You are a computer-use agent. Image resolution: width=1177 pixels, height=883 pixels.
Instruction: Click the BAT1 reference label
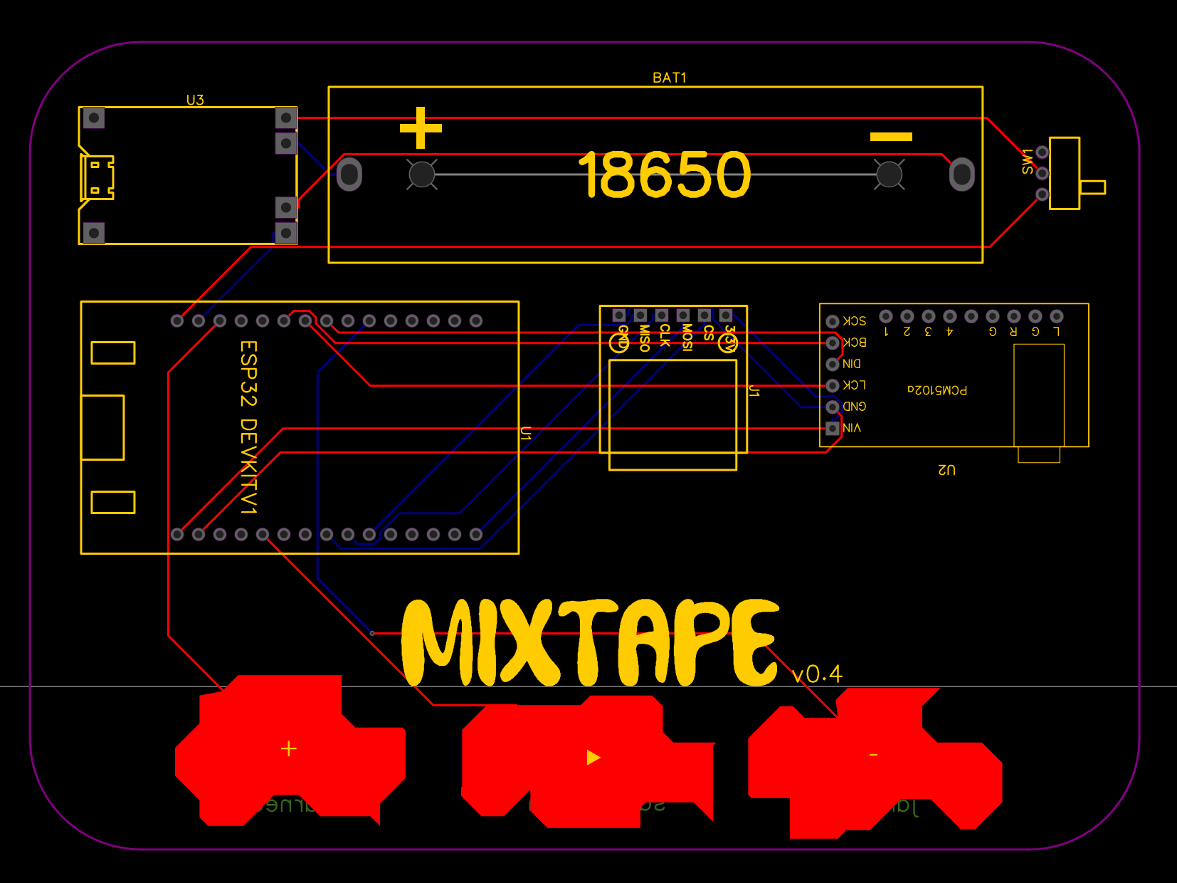(x=669, y=78)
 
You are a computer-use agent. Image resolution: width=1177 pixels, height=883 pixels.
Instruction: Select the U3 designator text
(x=195, y=100)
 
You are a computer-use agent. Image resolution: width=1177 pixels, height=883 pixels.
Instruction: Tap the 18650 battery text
(x=665, y=175)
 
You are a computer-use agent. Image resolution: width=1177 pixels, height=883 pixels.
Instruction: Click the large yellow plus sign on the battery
(x=421, y=128)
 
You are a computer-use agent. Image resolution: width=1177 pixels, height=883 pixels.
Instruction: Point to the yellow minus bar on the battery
(x=891, y=137)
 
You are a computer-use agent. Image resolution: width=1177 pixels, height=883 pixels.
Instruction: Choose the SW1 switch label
(x=1027, y=162)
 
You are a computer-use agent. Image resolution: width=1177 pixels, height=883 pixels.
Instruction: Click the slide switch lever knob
(x=1092, y=187)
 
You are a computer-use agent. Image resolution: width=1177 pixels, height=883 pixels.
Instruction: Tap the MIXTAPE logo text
(x=591, y=643)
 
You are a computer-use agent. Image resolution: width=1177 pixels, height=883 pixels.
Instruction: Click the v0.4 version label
(x=817, y=674)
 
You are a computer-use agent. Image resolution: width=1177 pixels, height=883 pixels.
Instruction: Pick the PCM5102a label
(x=937, y=390)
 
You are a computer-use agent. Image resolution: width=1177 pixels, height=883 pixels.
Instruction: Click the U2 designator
(x=946, y=470)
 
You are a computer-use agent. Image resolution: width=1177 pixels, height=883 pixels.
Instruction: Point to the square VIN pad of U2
(x=833, y=428)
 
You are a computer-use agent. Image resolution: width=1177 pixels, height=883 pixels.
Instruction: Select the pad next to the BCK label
(x=833, y=343)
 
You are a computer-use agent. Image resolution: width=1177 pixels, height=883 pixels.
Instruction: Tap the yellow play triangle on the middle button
(x=593, y=758)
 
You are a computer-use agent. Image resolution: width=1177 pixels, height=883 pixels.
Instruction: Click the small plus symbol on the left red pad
(x=288, y=748)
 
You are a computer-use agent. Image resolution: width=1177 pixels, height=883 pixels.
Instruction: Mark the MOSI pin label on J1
(x=687, y=338)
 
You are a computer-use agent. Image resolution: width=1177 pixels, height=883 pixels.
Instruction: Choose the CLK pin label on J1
(x=665, y=335)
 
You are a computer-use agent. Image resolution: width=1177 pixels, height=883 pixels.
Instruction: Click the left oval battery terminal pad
(x=349, y=174)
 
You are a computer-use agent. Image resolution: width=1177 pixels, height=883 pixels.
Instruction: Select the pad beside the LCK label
(x=833, y=386)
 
